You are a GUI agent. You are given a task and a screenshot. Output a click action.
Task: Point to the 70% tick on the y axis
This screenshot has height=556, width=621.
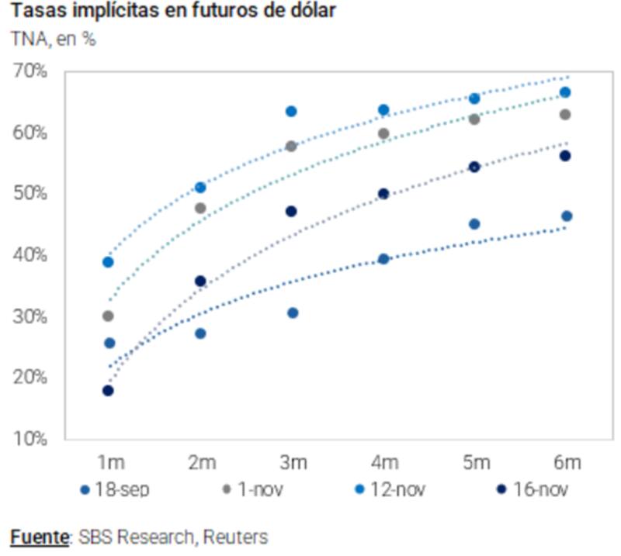click(30, 71)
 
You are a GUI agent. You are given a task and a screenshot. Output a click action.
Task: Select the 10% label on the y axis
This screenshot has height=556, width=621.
click(30, 440)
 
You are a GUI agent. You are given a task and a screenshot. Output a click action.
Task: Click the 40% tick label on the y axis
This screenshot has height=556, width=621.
click(30, 255)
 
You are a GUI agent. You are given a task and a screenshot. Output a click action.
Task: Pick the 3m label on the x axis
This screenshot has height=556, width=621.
click(292, 463)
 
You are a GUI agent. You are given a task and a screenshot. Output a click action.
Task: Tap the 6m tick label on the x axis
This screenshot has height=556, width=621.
click(567, 463)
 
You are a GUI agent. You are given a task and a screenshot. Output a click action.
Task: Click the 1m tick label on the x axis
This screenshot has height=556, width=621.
click(109, 463)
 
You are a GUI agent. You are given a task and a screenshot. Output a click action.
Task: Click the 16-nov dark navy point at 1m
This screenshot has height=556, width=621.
click(108, 391)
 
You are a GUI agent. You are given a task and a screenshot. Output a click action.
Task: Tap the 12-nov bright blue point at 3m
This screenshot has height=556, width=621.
click(292, 112)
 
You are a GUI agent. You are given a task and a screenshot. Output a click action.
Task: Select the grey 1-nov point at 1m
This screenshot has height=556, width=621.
click(108, 316)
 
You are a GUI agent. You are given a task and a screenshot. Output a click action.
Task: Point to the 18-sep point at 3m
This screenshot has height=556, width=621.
click(293, 313)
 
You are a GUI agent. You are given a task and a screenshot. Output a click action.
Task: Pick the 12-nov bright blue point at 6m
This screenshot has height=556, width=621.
click(566, 92)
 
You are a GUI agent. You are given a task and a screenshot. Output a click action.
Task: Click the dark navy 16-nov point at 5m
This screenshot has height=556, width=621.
click(475, 167)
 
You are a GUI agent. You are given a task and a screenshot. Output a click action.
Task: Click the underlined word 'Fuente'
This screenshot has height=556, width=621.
click(36, 537)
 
